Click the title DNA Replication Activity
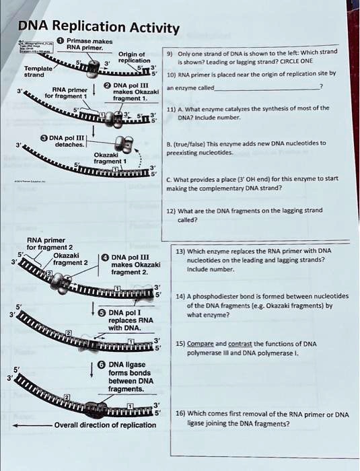(x=98, y=27)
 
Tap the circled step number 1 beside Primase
(x=61, y=40)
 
